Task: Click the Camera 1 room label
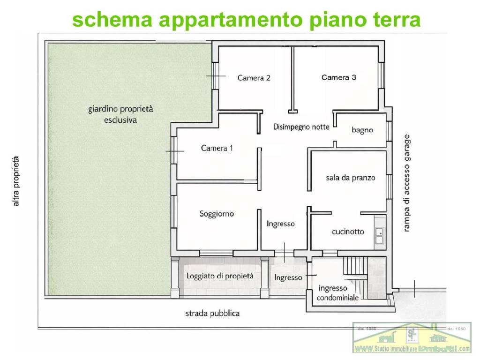tap(217, 148)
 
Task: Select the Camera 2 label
tap(254, 78)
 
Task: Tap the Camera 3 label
tap(338, 77)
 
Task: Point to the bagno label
tap(362, 130)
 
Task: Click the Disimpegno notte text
tap(301, 127)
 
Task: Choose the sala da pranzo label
tap(351, 178)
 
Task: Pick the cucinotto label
tap(348, 232)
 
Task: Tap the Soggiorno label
tap(217, 214)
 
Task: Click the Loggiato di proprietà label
tap(220, 276)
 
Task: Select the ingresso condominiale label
tap(337, 293)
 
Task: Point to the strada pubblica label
tap(211, 313)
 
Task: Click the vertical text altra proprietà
tap(17, 181)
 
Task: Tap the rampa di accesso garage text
tap(407, 183)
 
